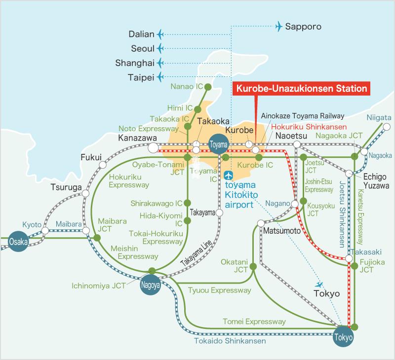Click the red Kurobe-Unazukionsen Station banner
click(x=301, y=89)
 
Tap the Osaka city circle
click(x=18, y=242)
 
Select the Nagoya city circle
click(x=151, y=285)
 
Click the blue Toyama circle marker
click(x=219, y=144)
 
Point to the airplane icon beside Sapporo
click(x=279, y=26)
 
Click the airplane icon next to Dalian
click(x=160, y=34)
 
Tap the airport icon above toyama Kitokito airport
click(x=229, y=175)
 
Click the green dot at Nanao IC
click(x=208, y=87)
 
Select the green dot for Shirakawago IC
click(x=187, y=203)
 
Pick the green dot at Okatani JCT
click(x=253, y=266)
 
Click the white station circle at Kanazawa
click(x=153, y=147)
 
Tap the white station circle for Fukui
click(x=103, y=165)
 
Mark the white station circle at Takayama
click(x=219, y=213)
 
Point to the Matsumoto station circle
click(x=261, y=223)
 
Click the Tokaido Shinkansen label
click(x=230, y=341)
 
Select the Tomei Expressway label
click(x=254, y=322)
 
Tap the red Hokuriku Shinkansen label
click(x=309, y=127)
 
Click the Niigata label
click(x=379, y=118)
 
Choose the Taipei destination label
click(x=141, y=77)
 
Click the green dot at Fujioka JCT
click(x=355, y=266)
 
